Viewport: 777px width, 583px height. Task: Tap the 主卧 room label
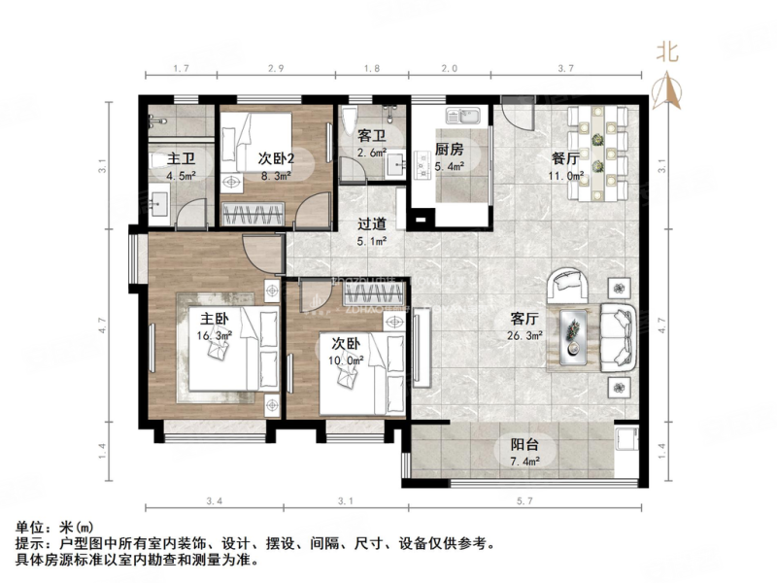click(x=215, y=319)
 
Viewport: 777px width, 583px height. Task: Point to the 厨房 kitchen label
click(x=449, y=151)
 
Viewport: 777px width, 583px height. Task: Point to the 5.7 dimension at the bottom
click(x=525, y=500)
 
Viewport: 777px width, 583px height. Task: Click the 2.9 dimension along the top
click(x=276, y=68)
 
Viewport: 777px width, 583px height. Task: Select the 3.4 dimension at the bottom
click(x=214, y=500)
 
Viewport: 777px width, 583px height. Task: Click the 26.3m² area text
click(x=524, y=335)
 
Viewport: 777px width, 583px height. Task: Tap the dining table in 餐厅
click(x=602, y=153)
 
